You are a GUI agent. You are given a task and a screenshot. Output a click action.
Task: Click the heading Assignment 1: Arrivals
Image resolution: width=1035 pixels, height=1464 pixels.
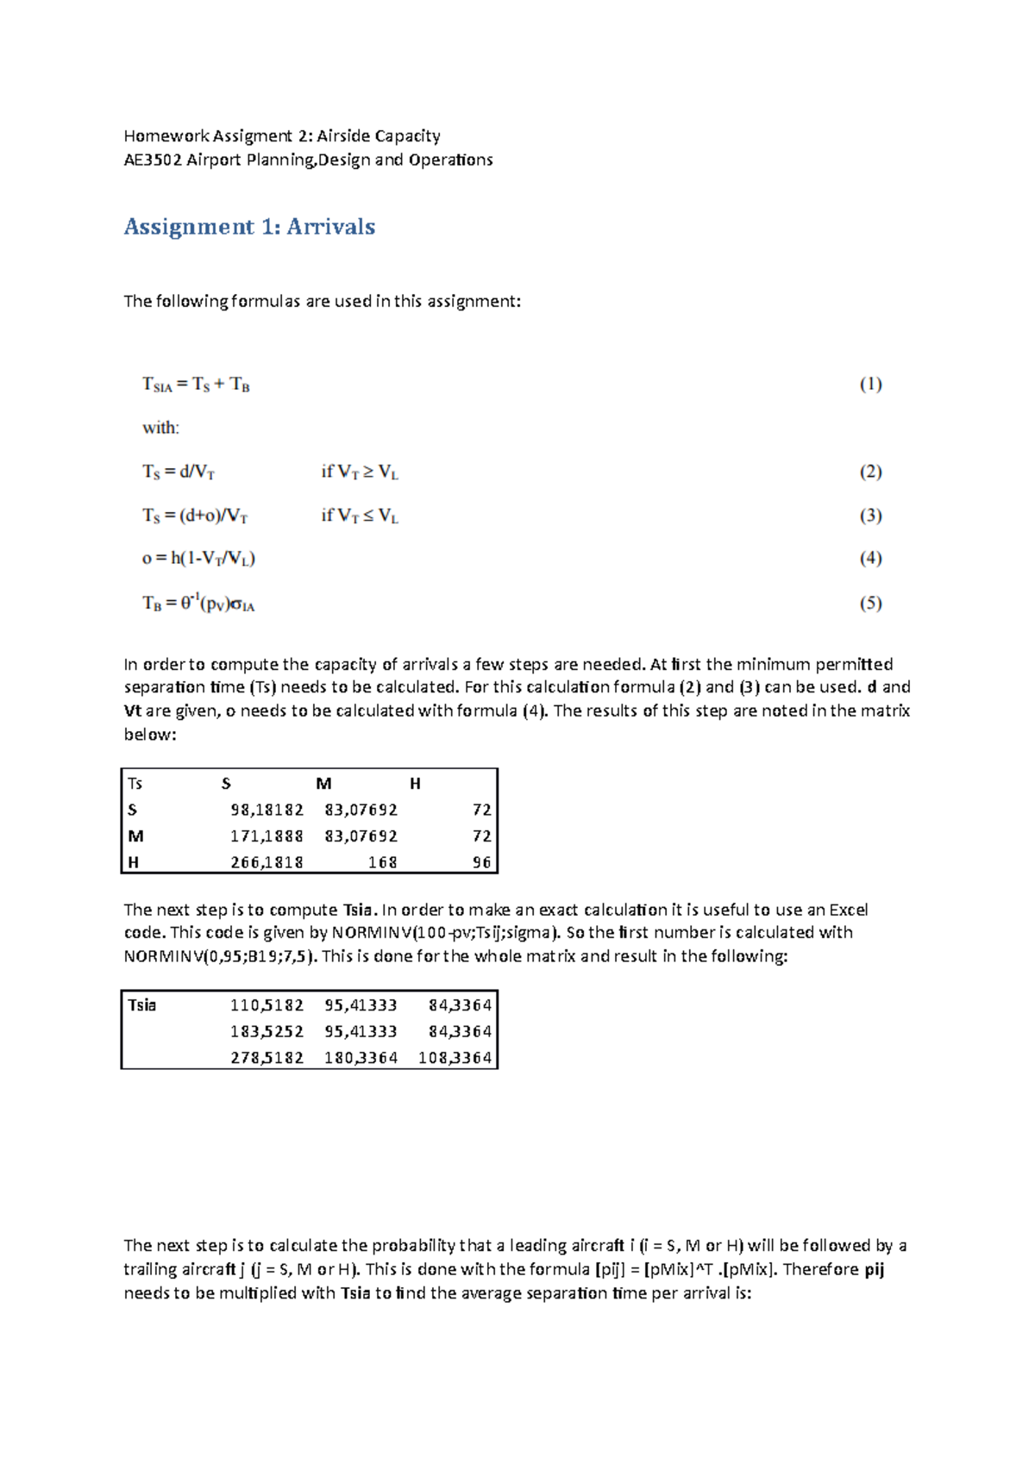point(249,227)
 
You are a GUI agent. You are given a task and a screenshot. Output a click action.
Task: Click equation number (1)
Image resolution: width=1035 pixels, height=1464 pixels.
point(869,385)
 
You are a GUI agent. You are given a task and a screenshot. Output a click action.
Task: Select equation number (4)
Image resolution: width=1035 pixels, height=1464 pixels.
point(869,559)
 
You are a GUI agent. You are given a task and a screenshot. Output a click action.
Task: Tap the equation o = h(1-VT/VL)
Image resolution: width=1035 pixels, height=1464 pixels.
point(198,559)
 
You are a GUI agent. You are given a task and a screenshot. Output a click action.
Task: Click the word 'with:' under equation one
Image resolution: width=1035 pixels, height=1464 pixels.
point(160,428)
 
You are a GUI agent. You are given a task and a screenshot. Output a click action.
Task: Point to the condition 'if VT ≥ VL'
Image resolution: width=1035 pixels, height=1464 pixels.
point(360,472)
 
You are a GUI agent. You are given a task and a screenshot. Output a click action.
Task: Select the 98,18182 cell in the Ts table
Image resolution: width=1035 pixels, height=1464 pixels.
point(267,810)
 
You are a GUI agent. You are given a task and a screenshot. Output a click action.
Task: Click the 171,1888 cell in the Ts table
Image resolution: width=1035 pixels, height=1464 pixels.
point(267,836)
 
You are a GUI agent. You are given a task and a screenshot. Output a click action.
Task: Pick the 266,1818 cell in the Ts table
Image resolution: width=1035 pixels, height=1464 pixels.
point(267,862)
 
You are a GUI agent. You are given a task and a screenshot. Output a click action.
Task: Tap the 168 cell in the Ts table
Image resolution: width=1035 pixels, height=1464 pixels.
point(382,862)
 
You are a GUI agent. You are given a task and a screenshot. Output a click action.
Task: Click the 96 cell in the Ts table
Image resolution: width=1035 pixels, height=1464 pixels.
point(481,862)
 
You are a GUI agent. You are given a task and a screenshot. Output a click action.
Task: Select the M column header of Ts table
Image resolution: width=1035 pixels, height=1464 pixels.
point(323,784)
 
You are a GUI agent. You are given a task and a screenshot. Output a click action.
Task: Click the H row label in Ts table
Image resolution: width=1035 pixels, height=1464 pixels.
point(134,862)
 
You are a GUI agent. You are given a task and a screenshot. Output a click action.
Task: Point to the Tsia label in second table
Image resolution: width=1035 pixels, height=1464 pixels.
point(142,1005)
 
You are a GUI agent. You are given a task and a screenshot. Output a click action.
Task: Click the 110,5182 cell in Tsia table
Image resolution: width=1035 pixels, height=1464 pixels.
point(267,1005)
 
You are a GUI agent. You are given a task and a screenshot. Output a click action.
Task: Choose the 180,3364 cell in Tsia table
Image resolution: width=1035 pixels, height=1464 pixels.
point(361,1058)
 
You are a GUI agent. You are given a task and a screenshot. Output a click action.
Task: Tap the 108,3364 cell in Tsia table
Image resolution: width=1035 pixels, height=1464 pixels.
point(455,1058)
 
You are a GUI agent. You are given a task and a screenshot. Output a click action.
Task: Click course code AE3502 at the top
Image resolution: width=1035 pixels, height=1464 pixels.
point(153,160)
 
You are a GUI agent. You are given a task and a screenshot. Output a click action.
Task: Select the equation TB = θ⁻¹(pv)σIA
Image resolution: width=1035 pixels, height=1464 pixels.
point(198,604)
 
